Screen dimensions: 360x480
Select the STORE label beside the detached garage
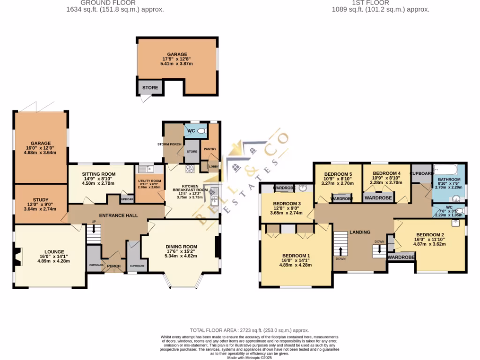150,88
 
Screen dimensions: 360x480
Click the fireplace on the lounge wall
17,257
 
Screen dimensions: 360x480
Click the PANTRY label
209,150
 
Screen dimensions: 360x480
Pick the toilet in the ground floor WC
202,131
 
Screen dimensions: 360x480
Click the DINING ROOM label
181,247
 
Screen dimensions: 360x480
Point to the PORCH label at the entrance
113,266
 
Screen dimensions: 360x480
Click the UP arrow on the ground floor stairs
94,228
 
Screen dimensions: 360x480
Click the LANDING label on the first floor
360,232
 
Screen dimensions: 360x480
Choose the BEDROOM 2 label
430,235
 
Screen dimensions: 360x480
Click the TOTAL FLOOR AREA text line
249,330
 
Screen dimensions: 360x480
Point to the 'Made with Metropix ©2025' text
249,357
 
